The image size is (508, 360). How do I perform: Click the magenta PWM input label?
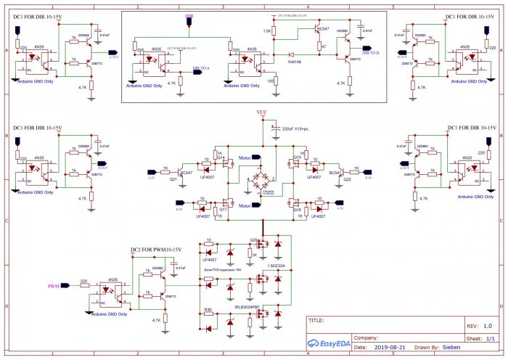coord(54,287)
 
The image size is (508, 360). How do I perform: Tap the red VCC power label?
coord(262,112)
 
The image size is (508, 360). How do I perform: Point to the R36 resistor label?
coord(208,309)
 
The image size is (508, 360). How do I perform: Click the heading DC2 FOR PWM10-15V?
coord(155,249)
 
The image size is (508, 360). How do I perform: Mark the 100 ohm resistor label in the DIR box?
coord(271,81)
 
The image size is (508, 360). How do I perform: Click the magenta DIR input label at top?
coord(189,15)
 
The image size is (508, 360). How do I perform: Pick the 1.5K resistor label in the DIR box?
coord(267,31)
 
